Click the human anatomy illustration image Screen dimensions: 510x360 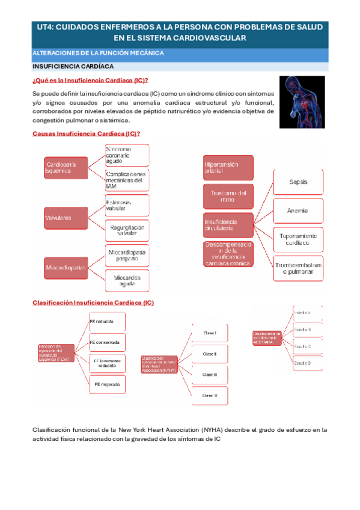tap(302, 102)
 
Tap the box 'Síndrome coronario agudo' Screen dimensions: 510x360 tap(127, 155)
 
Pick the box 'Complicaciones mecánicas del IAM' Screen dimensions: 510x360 tap(127, 180)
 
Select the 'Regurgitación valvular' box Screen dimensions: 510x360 tap(127, 231)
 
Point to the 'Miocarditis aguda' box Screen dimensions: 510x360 tap(127, 280)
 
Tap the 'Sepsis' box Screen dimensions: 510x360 tap(299, 181)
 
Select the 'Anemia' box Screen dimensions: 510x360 tap(299, 210)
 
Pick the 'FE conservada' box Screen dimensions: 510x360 tap(108, 343)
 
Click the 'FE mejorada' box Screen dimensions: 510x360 tap(108, 383)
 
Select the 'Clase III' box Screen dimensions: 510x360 tap(210, 374)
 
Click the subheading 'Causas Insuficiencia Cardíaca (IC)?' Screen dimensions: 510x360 tap(86, 133)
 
